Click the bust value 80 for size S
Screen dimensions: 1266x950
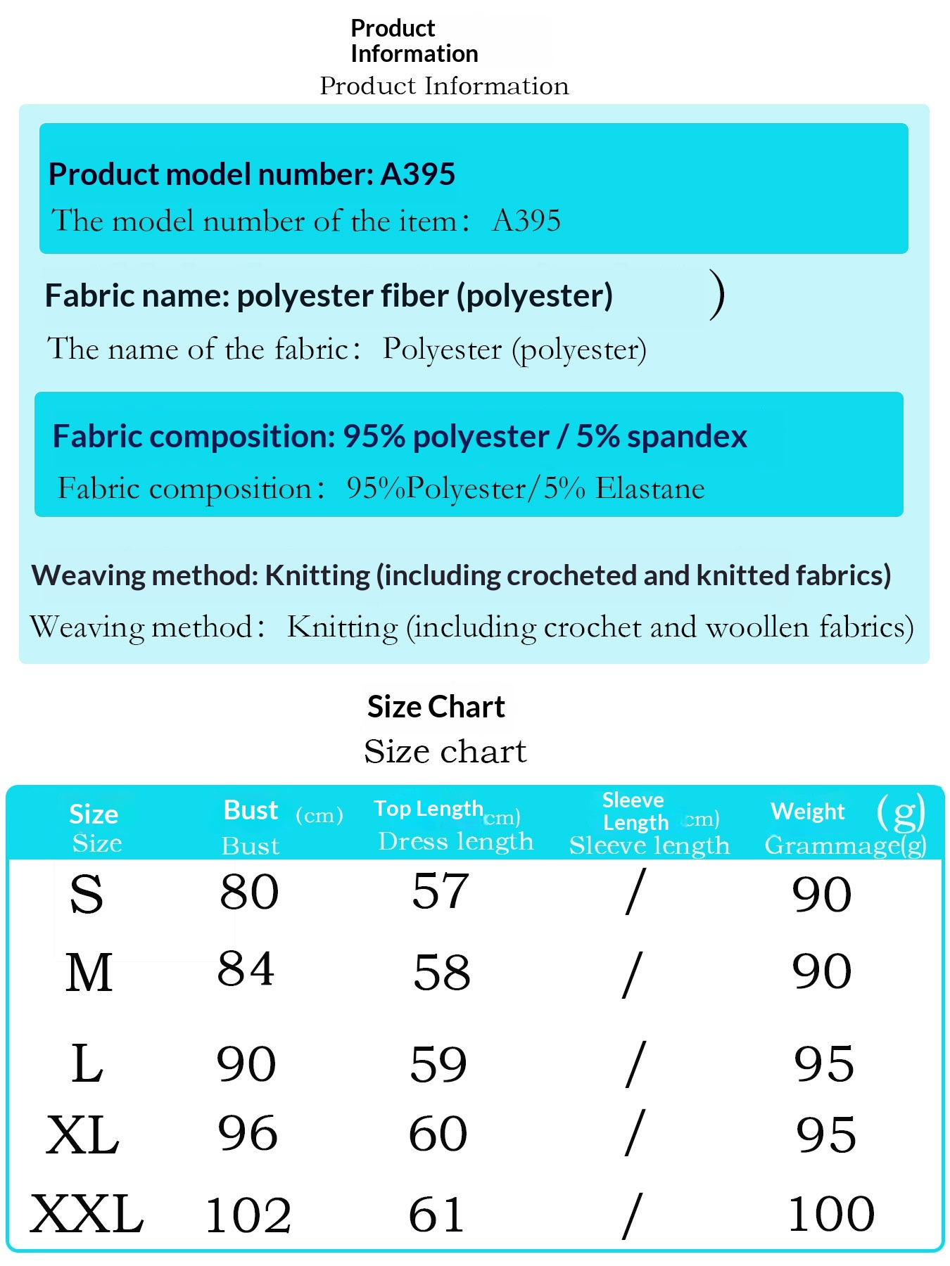[249, 893]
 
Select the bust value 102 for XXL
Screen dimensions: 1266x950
[248, 1215]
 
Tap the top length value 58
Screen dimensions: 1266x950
[442, 973]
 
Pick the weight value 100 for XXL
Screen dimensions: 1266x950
[831, 1213]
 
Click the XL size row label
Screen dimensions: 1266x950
[83, 1135]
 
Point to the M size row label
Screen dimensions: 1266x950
[89, 973]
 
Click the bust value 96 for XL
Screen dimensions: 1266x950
[248, 1133]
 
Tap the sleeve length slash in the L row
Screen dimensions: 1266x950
[634, 1064]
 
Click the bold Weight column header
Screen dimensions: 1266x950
[807, 812]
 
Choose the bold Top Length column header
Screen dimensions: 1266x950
[428, 809]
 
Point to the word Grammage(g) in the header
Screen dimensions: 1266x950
[845, 845]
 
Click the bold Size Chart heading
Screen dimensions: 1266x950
[436, 707]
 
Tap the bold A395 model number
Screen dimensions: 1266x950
[418, 174]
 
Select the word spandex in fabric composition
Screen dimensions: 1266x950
[687, 436]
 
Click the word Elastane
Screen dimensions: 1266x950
[650, 488]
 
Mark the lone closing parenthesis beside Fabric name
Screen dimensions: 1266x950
[717, 295]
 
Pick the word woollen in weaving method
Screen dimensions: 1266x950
[757, 627]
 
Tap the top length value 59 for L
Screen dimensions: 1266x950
[438, 1064]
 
